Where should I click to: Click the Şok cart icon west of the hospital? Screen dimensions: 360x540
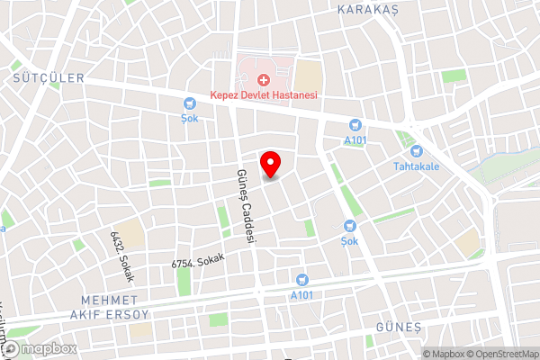pyautogui.click(x=189, y=103)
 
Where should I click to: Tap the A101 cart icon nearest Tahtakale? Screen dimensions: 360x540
pyautogui.click(x=355, y=125)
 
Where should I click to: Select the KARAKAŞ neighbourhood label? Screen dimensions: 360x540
pyautogui.click(x=366, y=10)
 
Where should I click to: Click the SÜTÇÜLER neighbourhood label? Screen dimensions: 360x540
pyautogui.click(x=47, y=78)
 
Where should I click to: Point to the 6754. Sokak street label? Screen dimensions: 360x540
pyautogui.click(x=196, y=260)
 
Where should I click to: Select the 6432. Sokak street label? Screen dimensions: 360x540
pyautogui.click(x=121, y=256)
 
